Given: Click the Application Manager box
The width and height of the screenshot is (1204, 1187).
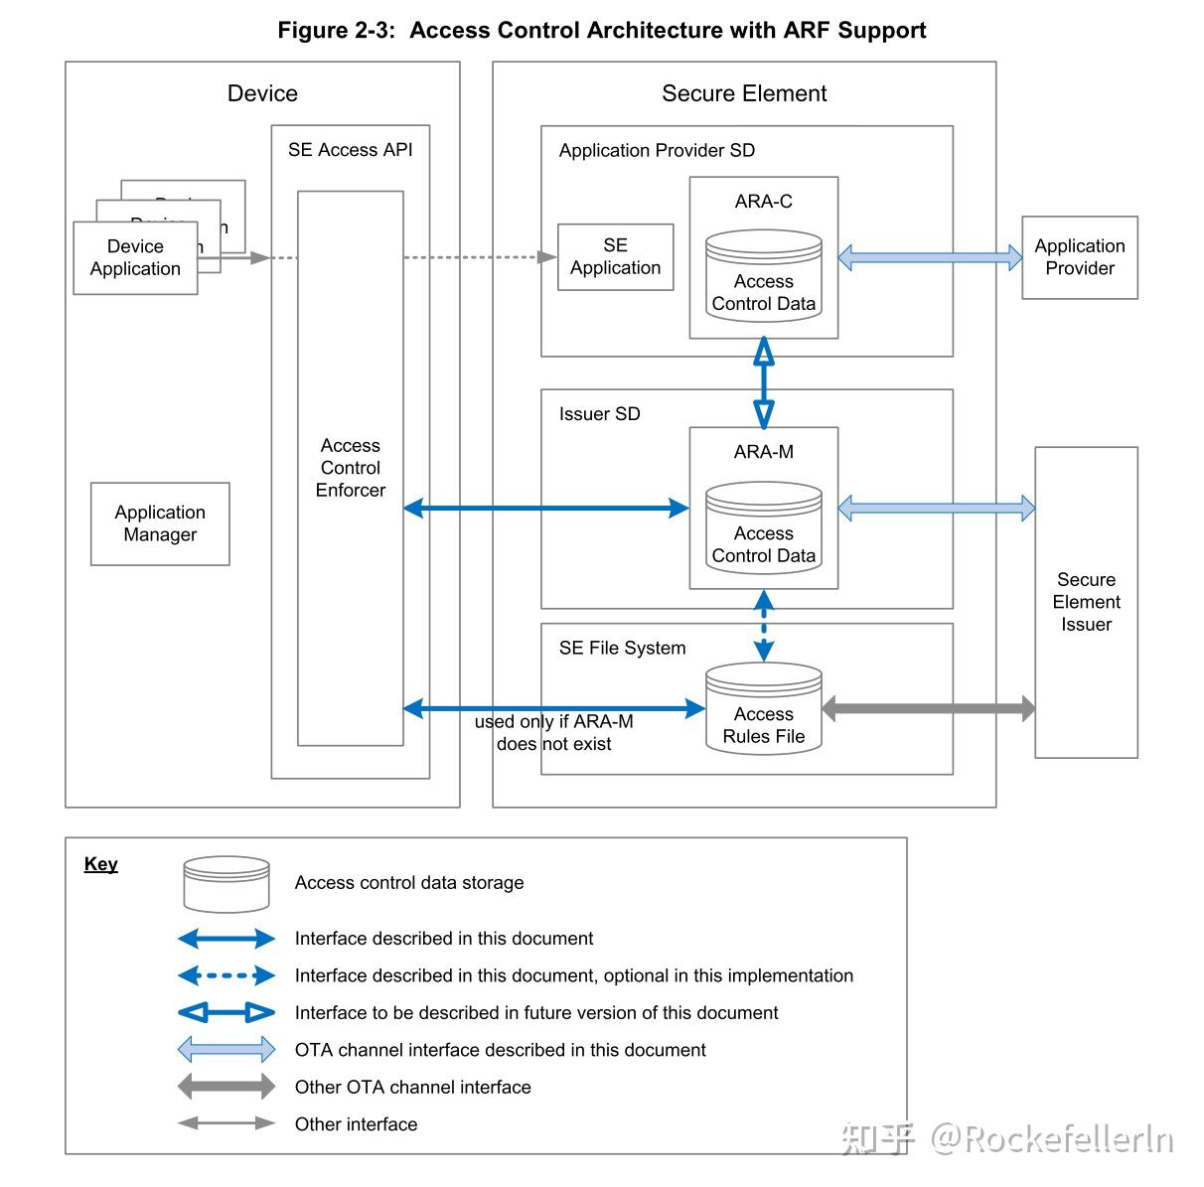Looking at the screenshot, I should click(160, 523).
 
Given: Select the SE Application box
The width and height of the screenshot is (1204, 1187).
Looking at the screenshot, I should click(615, 256).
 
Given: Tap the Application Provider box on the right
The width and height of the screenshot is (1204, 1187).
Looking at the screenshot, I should click(1079, 257).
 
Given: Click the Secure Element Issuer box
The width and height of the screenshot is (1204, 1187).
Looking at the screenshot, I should click(1086, 602).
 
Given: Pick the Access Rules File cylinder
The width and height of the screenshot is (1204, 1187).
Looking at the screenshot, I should click(763, 709).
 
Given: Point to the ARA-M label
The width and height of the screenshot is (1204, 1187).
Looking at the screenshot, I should click(763, 452).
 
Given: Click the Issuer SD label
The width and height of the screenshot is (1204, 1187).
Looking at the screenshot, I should click(599, 414).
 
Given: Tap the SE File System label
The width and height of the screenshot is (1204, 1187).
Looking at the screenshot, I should click(622, 649).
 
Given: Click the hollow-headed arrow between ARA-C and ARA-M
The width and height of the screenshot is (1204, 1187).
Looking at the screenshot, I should click(763, 382).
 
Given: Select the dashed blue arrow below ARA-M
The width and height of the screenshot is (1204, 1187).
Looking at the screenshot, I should click(763, 626).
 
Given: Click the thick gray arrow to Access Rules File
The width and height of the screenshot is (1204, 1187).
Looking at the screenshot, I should click(928, 708).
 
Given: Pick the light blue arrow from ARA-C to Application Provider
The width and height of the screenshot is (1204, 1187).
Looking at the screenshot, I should click(930, 257).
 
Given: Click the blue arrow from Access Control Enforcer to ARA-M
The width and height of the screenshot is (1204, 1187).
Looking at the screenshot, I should click(545, 509).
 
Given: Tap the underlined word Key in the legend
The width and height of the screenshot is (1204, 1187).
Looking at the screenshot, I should click(100, 864).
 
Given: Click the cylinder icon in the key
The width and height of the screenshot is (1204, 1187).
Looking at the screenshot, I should click(226, 883).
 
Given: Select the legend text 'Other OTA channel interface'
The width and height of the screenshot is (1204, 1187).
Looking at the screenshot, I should click(412, 1088).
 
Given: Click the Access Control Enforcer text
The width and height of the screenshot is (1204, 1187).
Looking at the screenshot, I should click(350, 468).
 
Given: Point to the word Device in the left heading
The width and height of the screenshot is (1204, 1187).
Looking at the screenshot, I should click(262, 93).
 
